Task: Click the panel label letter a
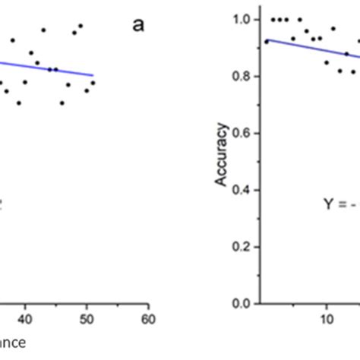[x=137, y=26]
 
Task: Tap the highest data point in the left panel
[x=81, y=26]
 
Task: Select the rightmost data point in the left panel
[x=93, y=83]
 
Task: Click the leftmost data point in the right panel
[x=265, y=42]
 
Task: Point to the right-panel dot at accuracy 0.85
[x=327, y=62]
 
